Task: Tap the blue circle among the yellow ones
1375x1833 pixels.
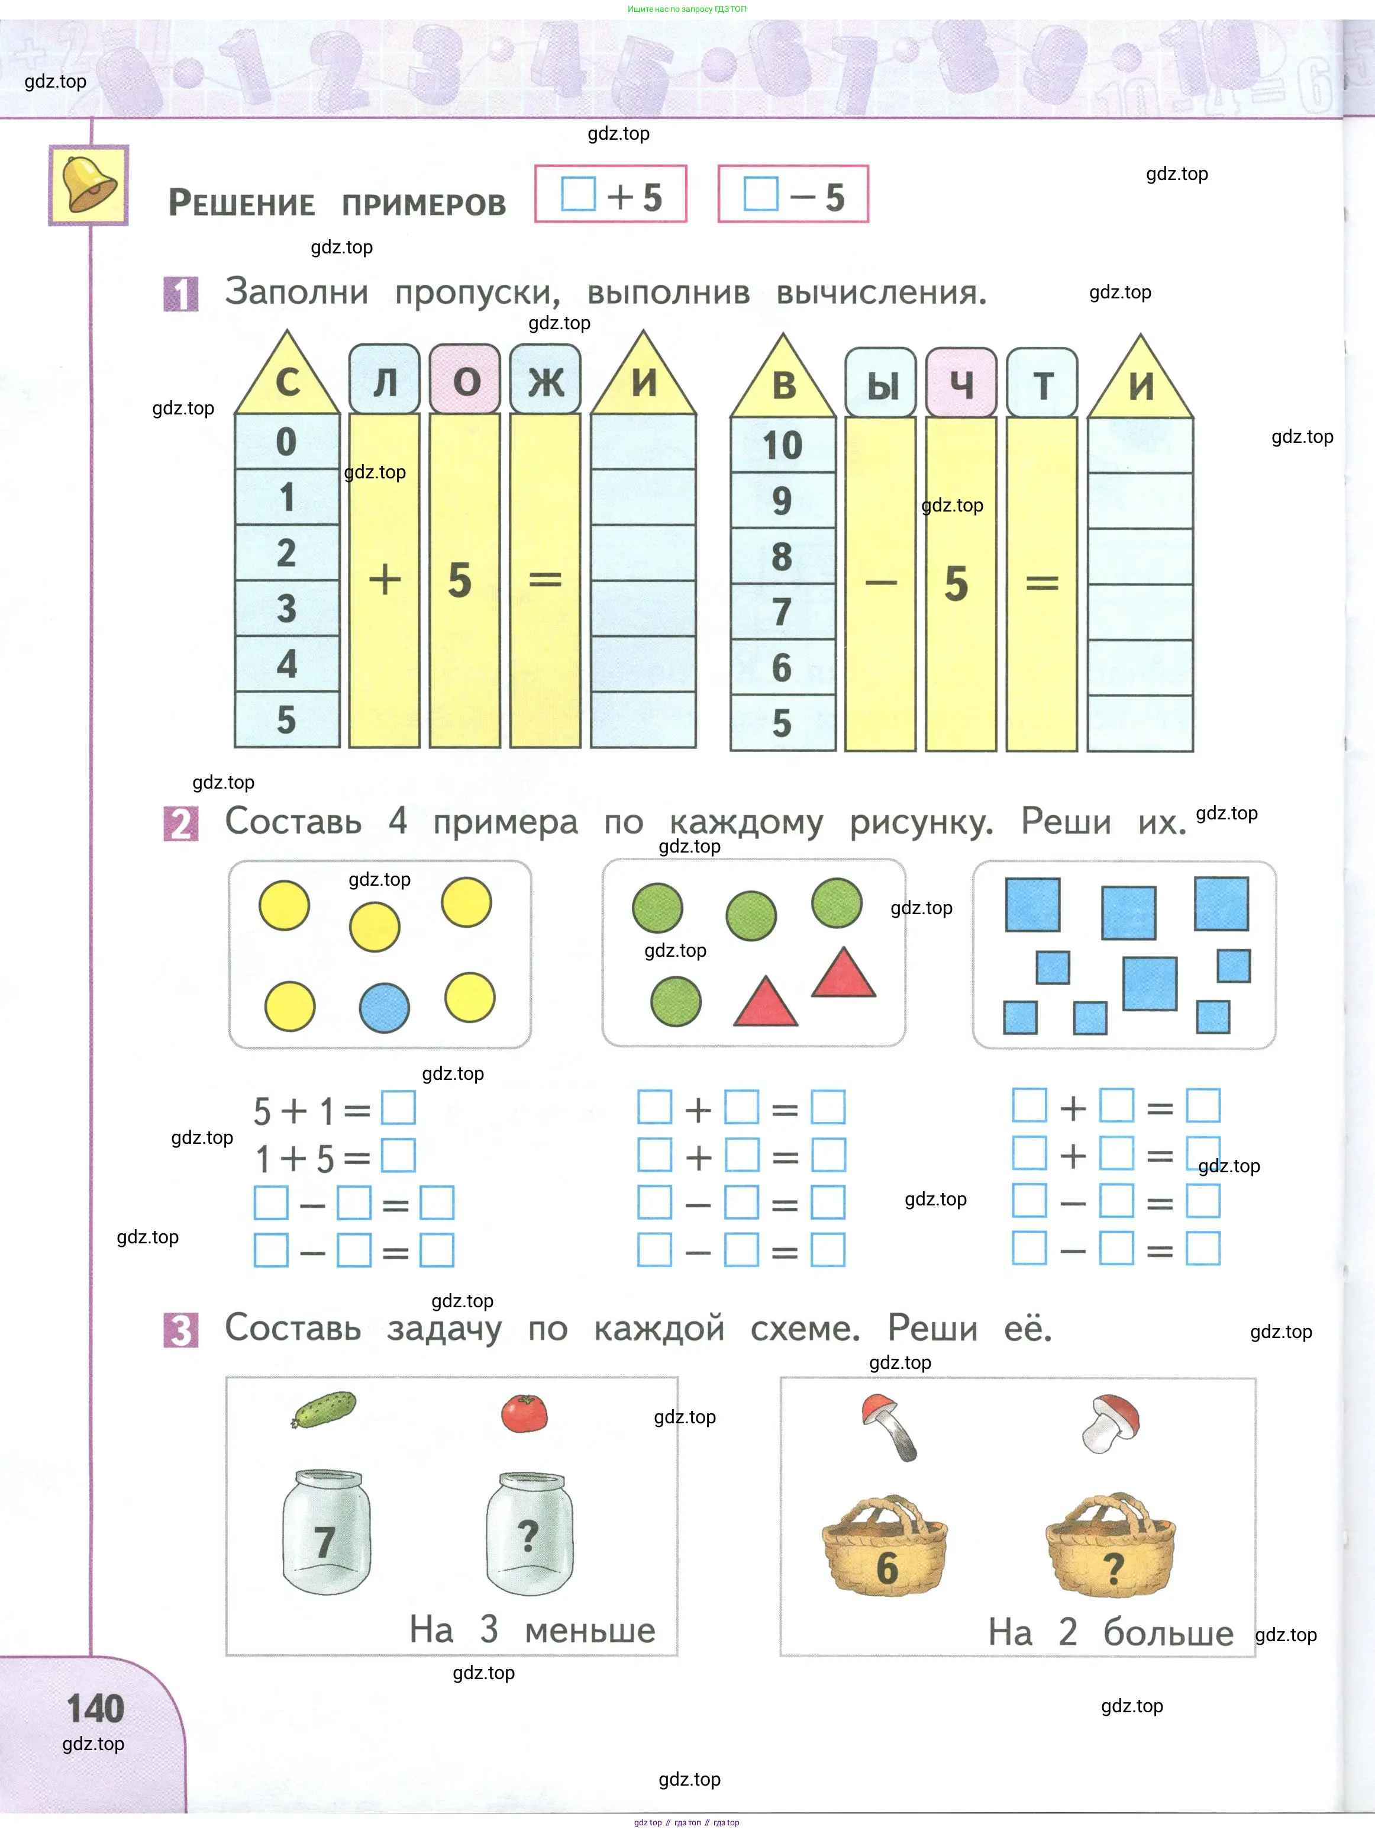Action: click(x=385, y=1008)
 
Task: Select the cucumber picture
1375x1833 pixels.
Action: click(x=324, y=1410)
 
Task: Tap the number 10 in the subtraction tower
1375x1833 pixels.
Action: click(x=782, y=445)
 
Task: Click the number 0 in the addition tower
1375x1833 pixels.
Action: click(x=286, y=442)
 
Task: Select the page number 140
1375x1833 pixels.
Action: click(x=95, y=1709)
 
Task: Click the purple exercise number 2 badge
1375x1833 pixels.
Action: click(x=180, y=824)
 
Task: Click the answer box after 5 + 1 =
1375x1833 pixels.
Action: click(x=398, y=1108)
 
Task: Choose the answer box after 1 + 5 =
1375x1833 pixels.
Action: click(x=398, y=1156)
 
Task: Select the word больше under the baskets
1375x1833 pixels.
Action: click(x=1168, y=1632)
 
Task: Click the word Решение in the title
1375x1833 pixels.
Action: click(x=242, y=203)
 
